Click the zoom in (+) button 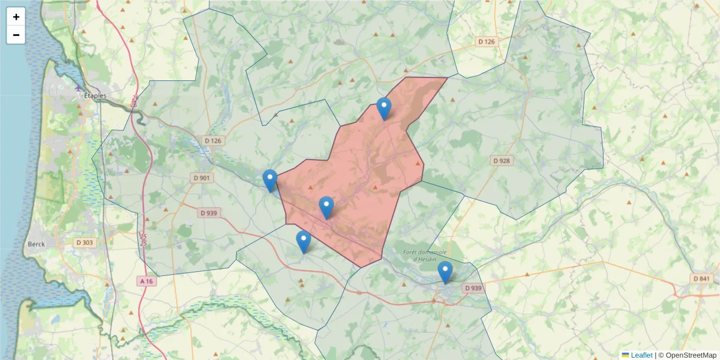pyautogui.click(x=16, y=17)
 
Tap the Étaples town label pyautogui.click(x=95, y=96)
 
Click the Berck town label pyautogui.click(x=35, y=245)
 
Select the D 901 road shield pyautogui.click(x=202, y=178)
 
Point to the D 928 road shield pyautogui.click(x=502, y=161)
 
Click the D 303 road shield pyautogui.click(x=85, y=242)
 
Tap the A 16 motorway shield pyautogui.click(x=146, y=281)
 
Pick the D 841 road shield pyautogui.click(x=701, y=279)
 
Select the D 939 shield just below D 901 pyautogui.click(x=208, y=213)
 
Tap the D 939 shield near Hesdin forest pyautogui.click(x=472, y=289)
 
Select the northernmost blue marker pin pyautogui.click(x=384, y=109)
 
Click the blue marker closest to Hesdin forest pyautogui.click(x=445, y=272)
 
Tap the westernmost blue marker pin pyautogui.click(x=270, y=180)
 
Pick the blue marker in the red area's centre pyautogui.click(x=326, y=207)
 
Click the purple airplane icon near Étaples pyautogui.click(x=79, y=88)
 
